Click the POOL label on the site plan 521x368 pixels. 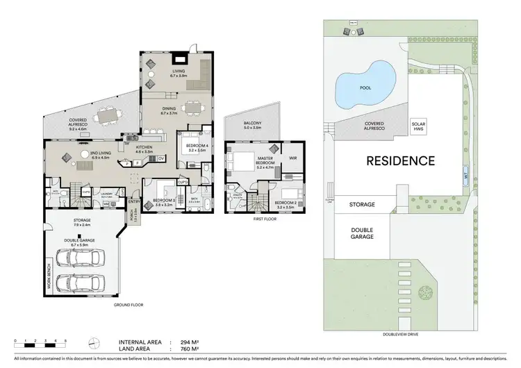pyautogui.click(x=366, y=88)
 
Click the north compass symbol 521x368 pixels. pyautogui.click(x=94, y=342)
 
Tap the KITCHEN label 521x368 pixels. pyautogui.click(x=143, y=148)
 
